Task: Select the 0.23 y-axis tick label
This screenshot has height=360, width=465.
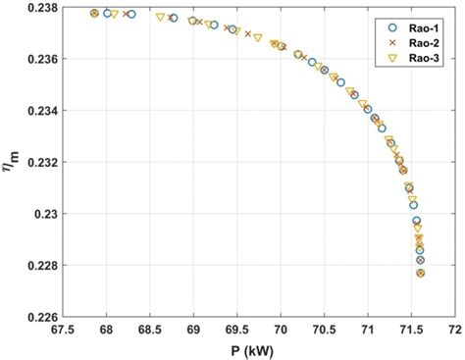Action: [x=45, y=214]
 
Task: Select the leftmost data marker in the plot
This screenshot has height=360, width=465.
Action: [x=94, y=14]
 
